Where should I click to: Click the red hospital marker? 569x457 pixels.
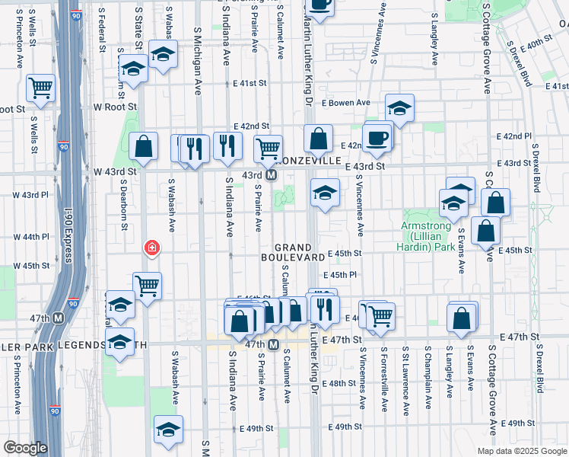[x=152, y=248]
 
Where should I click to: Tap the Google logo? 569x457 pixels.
[x=25, y=448]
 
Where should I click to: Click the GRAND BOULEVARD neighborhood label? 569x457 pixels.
[x=300, y=253]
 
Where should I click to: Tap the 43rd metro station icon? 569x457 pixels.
[x=272, y=175]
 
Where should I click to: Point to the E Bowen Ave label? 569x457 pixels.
[x=345, y=103]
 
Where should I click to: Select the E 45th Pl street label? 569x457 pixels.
[x=340, y=276]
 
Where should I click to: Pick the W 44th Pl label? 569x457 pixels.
[x=30, y=237]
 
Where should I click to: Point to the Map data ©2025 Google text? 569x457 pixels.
[x=522, y=451]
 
